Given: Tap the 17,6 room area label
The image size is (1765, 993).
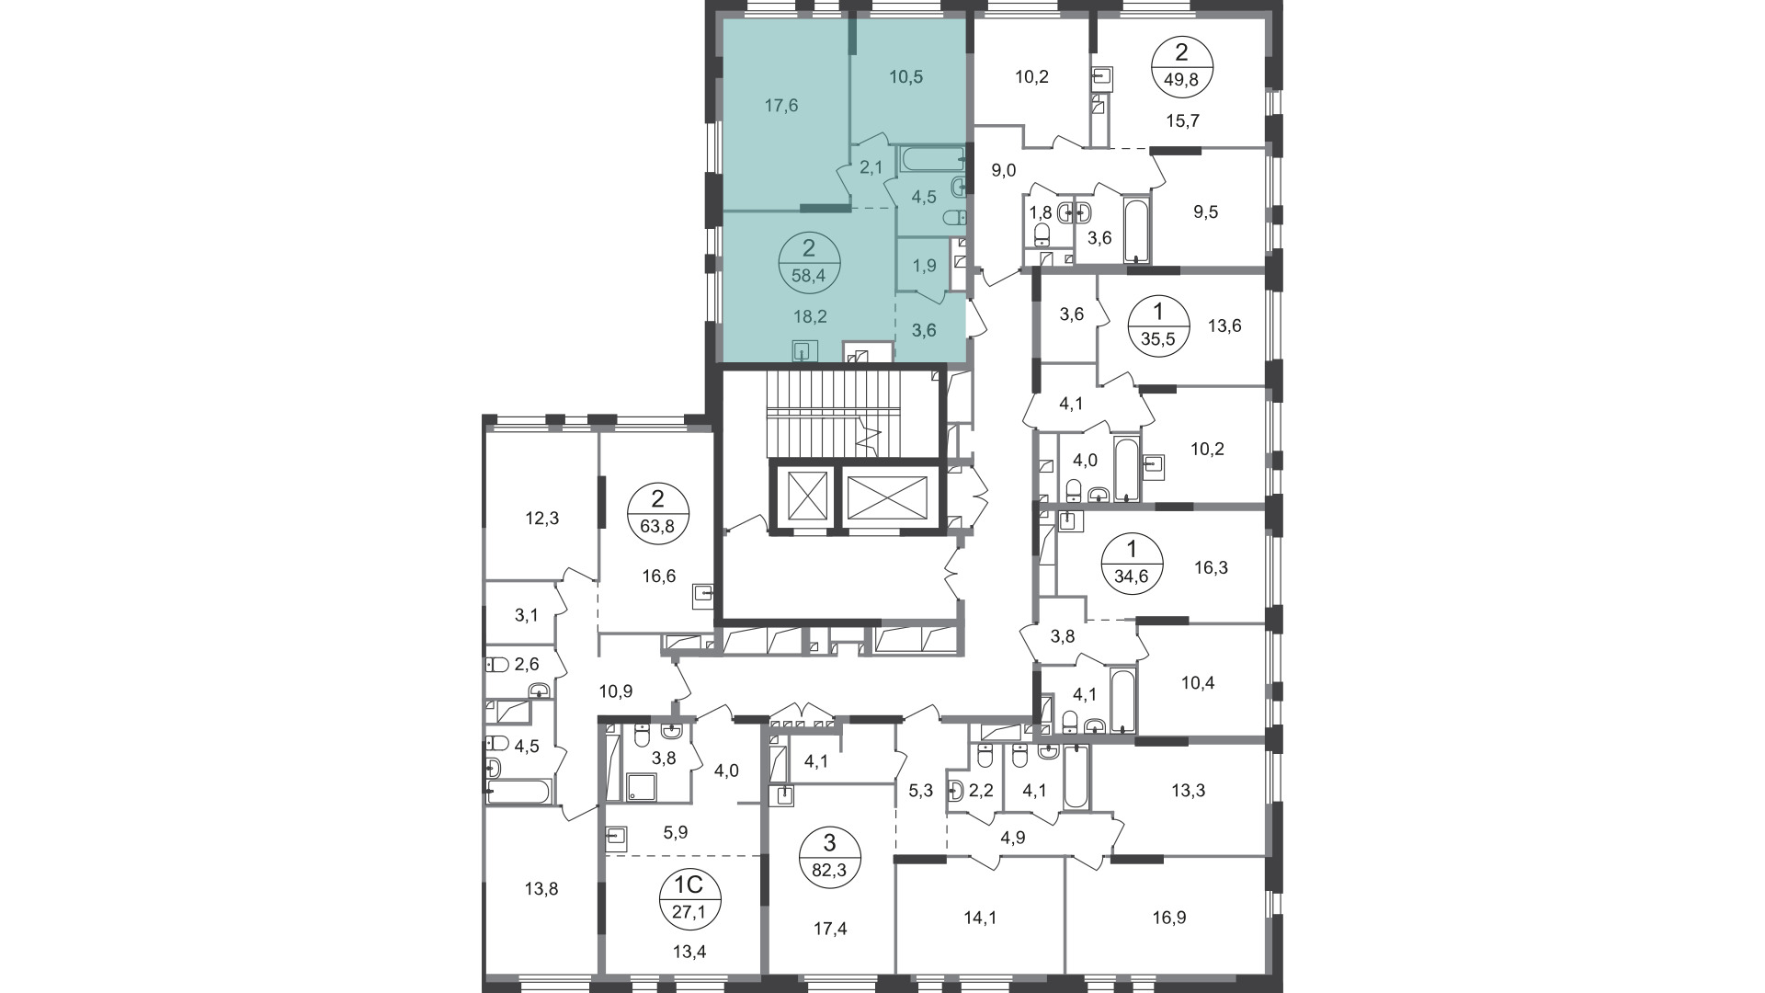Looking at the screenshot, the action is click(x=781, y=106).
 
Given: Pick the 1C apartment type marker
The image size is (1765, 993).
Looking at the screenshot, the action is click(x=690, y=885).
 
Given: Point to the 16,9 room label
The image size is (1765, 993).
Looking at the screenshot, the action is click(x=1169, y=918).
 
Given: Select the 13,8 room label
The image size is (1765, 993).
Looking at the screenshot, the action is click(x=541, y=889).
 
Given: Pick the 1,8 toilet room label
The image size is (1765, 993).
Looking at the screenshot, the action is click(x=1041, y=212).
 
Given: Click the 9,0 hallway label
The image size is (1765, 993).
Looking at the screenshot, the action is click(x=1003, y=170).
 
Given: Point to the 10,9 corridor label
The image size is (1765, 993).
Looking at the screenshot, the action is click(x=615, y=690).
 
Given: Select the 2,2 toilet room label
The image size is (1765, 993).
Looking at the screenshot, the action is click(x=981, y=789).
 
